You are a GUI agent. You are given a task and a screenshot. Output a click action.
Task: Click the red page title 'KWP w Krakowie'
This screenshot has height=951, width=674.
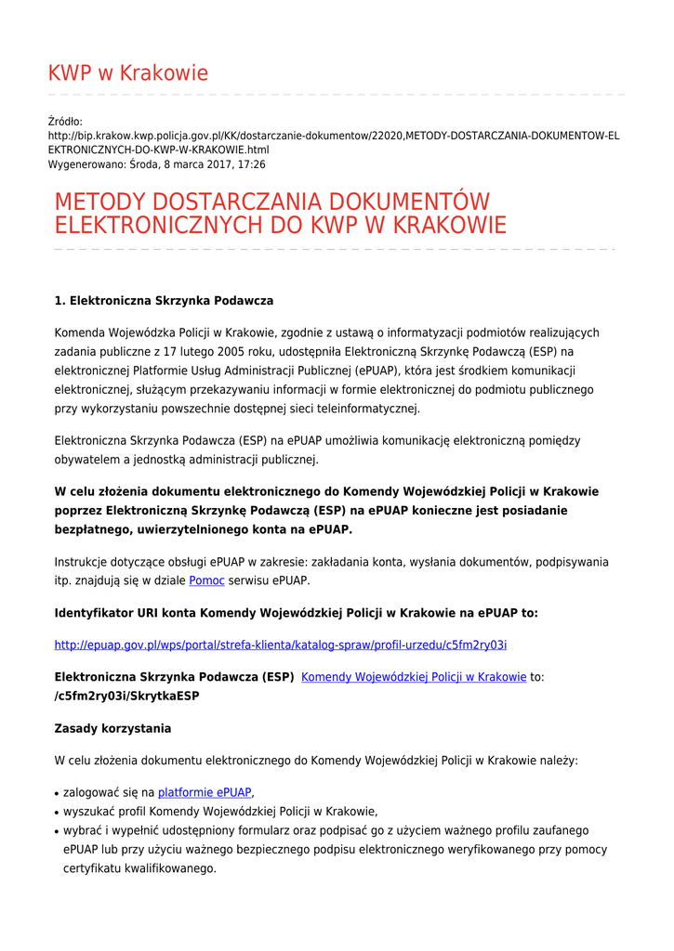point(128,73)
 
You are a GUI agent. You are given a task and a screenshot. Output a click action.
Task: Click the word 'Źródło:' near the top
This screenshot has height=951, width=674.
point(65,122)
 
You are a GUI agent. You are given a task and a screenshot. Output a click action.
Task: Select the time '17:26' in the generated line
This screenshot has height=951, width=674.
point(252,163)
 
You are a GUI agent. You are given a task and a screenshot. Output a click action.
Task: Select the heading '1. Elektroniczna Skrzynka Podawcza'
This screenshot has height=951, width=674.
point(164,301)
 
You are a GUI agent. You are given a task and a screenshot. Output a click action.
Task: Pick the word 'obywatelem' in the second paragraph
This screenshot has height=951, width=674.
point(86,459)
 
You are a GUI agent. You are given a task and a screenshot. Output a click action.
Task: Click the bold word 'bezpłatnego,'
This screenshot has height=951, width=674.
point(91,529)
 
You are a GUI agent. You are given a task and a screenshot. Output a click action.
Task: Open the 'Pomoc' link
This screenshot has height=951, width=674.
point(206,580)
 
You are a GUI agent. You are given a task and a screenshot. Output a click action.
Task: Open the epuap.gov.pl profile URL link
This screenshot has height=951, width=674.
point(280,645)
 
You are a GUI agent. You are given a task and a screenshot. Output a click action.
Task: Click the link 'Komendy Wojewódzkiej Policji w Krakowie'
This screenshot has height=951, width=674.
point(414,677)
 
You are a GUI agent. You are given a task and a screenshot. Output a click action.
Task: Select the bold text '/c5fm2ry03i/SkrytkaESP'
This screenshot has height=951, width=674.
point(126,696)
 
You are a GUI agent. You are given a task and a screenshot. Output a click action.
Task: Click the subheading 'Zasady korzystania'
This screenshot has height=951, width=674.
point(112,728)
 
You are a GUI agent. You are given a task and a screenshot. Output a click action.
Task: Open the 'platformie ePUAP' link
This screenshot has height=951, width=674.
point(205,792)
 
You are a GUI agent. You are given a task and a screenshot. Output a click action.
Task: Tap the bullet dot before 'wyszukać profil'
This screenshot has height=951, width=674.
point(58,812)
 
